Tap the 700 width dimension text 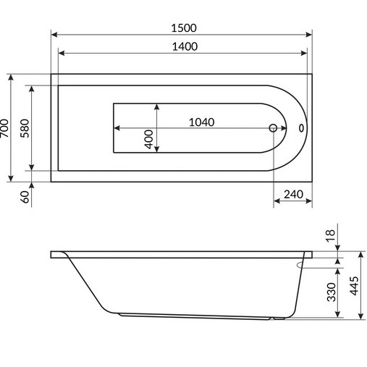click(7, 127)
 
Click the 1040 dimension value click(201, 122)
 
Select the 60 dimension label click(25, 195)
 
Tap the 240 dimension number click(293, 195)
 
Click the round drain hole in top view click(274, 128)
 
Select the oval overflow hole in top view click(301, 129)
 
